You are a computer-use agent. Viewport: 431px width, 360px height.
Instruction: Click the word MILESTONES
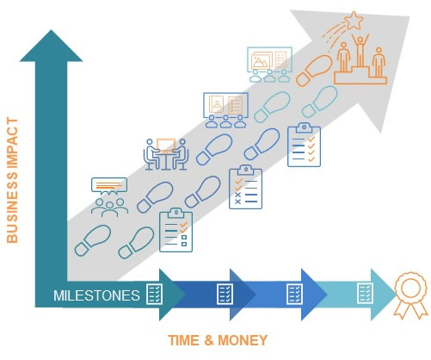pyautogui.click(x=96, y=295)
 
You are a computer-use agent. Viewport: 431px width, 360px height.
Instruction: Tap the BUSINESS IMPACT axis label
pyautogui.click(x=12, y=180)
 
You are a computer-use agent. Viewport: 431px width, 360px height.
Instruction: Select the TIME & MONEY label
pyautogui.click(x=218, y=340)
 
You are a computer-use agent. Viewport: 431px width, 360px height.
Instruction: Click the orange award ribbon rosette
pyautogui.click(x=410, y=295)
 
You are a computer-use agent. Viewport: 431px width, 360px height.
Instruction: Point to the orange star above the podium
pyautogui.click(x=354, y=20)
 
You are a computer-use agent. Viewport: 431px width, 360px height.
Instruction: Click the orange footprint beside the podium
pyautogui.click(x=314, y=71)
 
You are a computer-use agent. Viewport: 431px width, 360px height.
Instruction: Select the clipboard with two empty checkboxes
pyautogui.click(x=175, y=230)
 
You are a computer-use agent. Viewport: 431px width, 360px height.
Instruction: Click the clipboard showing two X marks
pyautogui.click(x=246, y=187)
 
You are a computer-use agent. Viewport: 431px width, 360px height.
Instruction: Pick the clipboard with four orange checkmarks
pyautogui.click(x=304, y=145)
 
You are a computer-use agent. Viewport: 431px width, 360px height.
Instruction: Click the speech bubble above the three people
pyautogui.click(x=109, y=186)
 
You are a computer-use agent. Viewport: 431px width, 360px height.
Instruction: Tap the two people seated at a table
pyautogui.click(x=166, y=154)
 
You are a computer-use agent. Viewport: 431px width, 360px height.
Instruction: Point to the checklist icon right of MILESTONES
pyautogui.click(x=155, y=294)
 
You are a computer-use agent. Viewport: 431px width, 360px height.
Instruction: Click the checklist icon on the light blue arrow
pyautogui.click(x=366, y=293)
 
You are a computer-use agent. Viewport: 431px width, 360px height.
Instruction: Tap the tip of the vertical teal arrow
pyautogui.click(x=52, y=30)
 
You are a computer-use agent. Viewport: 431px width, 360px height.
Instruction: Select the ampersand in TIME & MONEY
pyautogui.click(x=209, y=340)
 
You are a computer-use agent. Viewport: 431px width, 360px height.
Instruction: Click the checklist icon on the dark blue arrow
pyautogui.click(x=225, y=294)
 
